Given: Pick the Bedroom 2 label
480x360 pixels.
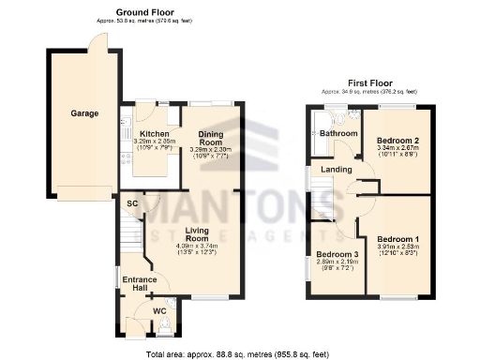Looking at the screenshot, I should pyautogui.click(x=399, y=140).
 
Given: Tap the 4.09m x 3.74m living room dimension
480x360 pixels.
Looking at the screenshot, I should pyautogui.click(x=197, y=247).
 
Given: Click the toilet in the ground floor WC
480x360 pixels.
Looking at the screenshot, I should pyautogui.click(x=166, y=325).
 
